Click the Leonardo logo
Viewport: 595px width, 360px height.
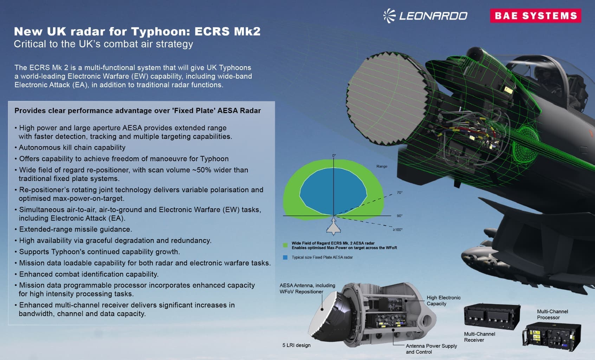pyautogui.click(x=425, y=16)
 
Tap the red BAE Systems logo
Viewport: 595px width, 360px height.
pyautogui.click(x=536, y=16)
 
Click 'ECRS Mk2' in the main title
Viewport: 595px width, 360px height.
pyautogui.click(x=227, y=31)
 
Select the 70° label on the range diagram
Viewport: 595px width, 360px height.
pyautogui.click(x=400, y=192)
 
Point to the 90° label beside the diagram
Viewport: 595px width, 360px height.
pyautogui.click(x=400, y=216)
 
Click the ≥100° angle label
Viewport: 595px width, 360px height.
pyautogui.click(x=397, y=230)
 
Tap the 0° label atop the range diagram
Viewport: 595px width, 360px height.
pyautogui.click(x=334, y=156)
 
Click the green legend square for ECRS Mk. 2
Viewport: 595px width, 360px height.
pyautogui.click(x=285, y=245)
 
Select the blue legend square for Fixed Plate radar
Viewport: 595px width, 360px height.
pyautogui.click(x=285, y=257)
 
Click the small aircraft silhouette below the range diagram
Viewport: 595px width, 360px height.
pyautogui.click(x=334, y=227)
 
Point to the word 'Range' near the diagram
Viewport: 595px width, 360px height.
pyautogui.click(x=382, y=166)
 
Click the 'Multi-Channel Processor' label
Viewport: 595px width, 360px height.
pyautogui.click(x=552, y=314)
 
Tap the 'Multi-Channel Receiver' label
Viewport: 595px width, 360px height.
pyautogui.click(x=479, y=337)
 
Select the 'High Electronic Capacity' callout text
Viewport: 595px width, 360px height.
pyautogui.click(x=444, y=301)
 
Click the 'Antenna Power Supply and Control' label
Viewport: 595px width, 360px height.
pyautogui.click(x=431, y=349)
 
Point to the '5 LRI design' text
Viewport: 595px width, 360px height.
pyautogui.click(x=296, y=345)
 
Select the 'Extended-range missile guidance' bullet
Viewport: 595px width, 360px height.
pyautogui.click(x=73, y=229)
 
